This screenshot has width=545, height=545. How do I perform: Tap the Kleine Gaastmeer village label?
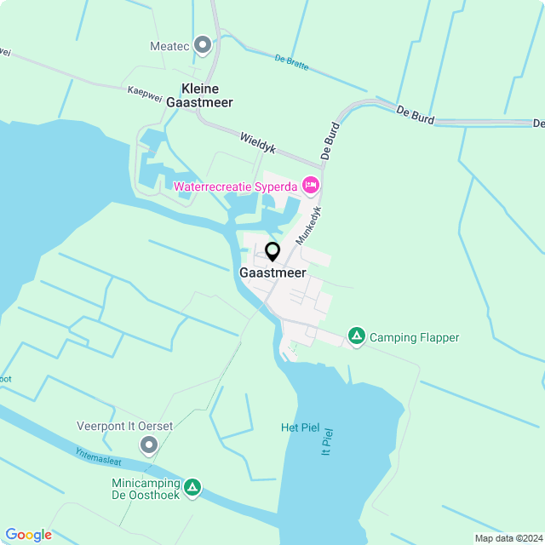tap(200, 95)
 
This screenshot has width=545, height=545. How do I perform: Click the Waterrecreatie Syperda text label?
tap(235, 186)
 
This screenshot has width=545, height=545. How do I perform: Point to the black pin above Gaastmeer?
tap(272, 251)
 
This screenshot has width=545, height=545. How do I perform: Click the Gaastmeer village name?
tap(272, 274)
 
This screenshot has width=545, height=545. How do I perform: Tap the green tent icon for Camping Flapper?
tap(357, 337)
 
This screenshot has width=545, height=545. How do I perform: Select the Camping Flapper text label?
tap(414, 338)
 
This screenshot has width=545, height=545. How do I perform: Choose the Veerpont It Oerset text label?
tap(125, 426)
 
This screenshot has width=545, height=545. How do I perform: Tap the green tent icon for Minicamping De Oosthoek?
tap(193, 487)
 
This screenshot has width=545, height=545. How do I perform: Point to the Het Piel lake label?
tap(300, 427)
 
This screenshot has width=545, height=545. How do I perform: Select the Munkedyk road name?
tap(308, 226)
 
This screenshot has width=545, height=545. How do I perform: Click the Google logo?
tap(28, 535)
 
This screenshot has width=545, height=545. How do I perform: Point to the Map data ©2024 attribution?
tap(508, 538)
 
